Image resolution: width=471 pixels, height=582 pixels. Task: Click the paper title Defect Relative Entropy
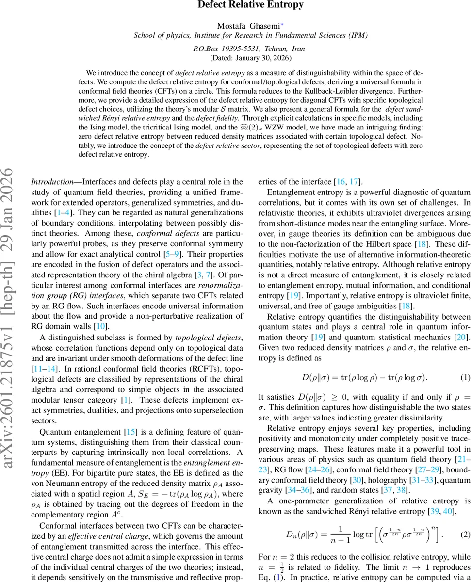click(250, 5)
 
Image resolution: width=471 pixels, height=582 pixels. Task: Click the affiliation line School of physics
click(250, 35)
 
